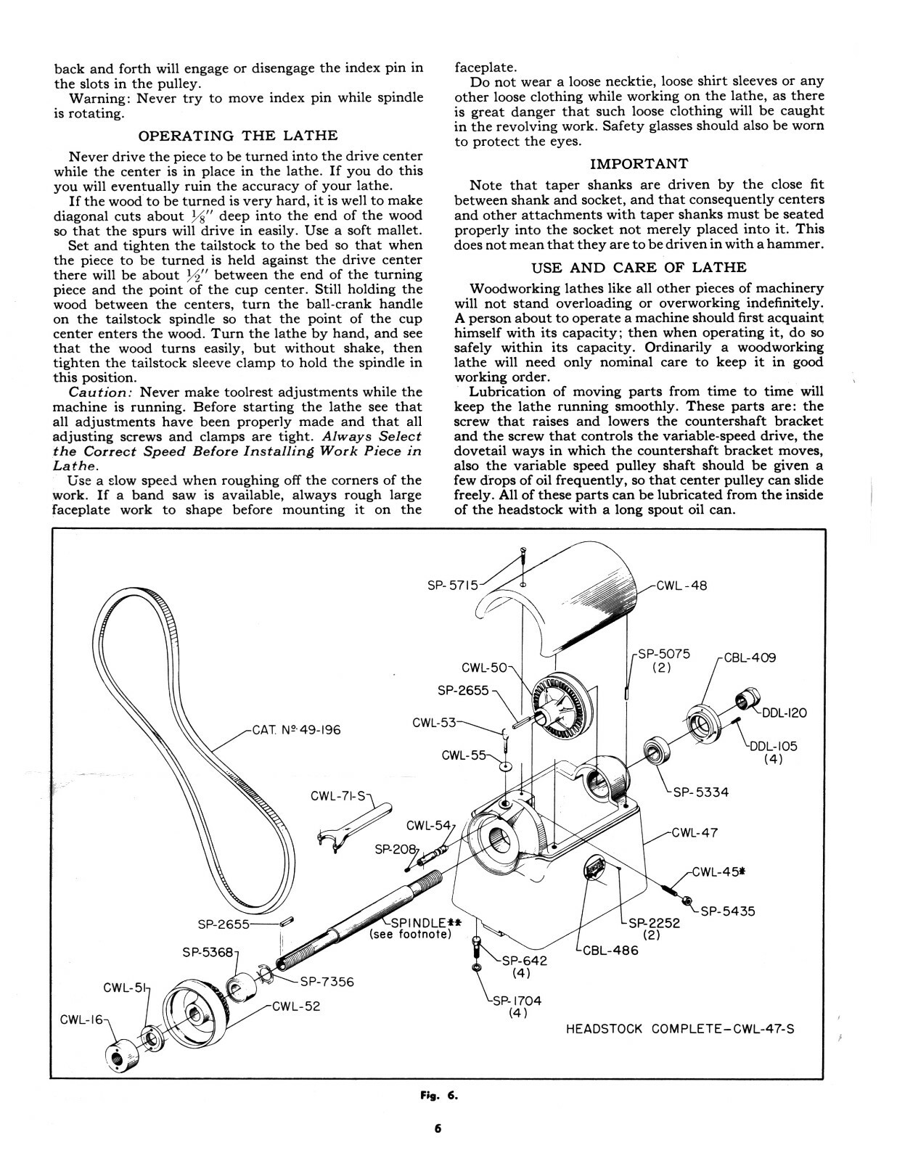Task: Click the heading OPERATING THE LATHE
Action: [237, 136]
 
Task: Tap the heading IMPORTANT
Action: [639, 164]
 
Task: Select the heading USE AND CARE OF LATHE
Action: [639, 267]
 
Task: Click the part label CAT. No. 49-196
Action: [296, 730]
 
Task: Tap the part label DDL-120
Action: [784, 713]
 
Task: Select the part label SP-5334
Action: [700, 792]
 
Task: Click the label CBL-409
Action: [750, 658]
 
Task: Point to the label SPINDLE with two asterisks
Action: [422, 923]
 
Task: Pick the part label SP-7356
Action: [327, 982]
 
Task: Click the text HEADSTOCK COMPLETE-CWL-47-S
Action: [679, 1029]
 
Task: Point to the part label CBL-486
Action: [610, 950]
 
